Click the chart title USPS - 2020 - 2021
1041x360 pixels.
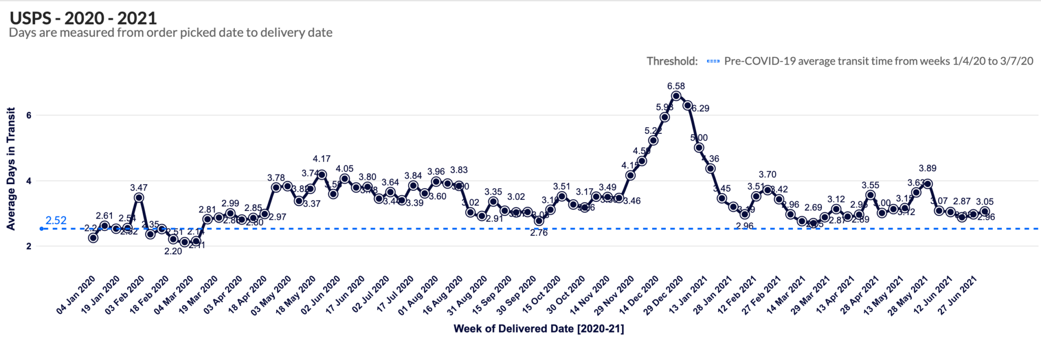(x=83, y=18)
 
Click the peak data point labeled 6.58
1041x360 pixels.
(x=676, y=96)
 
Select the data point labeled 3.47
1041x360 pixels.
(x=139, y=198)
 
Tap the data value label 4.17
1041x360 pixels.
(x=321, y=159)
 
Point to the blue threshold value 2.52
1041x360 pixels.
(x=56, y=221)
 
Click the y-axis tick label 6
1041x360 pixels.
(x=29, y=115)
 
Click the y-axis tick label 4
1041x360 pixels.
(x=29, y=181)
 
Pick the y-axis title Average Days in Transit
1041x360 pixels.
(x=11, y=169)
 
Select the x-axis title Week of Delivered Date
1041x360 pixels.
(x=538, y=328)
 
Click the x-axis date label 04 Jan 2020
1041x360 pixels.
(x=76, y=295)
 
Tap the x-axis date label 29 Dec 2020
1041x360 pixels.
(x=664, y=295)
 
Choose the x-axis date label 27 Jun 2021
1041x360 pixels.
(x=958, y=295)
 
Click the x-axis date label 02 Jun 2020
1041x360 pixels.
(x=321, y=295)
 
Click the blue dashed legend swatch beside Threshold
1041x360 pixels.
(x=713, y=62)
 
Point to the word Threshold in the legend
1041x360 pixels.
(x=671, y=62)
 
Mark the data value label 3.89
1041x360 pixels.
(x=927, y=168)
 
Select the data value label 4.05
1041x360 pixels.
(x=344, y=169)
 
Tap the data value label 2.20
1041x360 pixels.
(x=173, y=251)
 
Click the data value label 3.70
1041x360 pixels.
(x=768, y=174)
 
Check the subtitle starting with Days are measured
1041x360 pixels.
(x=171, y=33)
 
